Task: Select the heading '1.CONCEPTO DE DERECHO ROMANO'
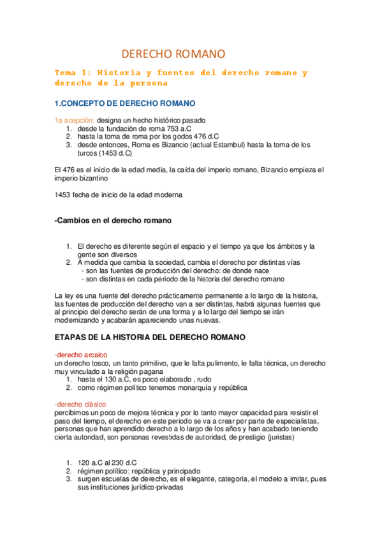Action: click(x=125, y=103)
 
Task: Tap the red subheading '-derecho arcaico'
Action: click(x=81, y=354)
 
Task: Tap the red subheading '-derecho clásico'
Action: click(x=80, y=404)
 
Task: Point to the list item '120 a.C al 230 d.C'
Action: click(x=108, y=463)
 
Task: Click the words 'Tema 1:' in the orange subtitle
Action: click(x=74, y=73)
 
